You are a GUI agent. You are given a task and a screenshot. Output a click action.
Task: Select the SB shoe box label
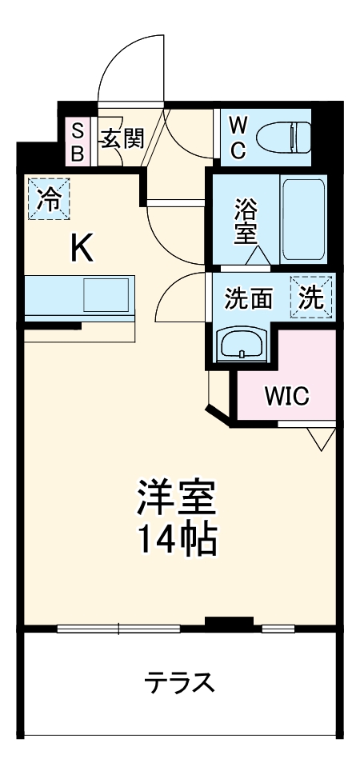[78, 142]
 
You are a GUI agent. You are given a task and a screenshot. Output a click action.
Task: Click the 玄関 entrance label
[121, 139]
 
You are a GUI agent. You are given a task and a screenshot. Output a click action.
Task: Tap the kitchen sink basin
[106, 295]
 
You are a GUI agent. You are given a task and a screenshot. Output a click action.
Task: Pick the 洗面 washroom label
[248, 298]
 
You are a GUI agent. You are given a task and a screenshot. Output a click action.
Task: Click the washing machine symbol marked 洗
[312, 298]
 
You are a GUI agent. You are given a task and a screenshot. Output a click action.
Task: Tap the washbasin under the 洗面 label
[242, 345]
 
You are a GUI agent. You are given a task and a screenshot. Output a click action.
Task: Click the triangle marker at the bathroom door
[258, 256]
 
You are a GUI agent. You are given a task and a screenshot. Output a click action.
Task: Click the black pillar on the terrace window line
[228, 621]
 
